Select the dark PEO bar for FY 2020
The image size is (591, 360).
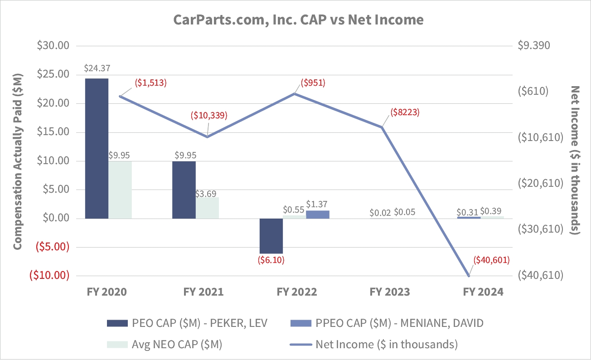pyautogui.click(x=97, y=148)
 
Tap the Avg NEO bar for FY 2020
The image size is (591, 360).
pyautogui.click(x=120, y=190)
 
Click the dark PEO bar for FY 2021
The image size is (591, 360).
pyautogui.click(x=184, y=190)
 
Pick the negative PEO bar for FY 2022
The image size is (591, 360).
pyautogui.click(x=271, y=236)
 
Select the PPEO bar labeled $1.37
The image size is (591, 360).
pyautogui.click(x=318, y=214)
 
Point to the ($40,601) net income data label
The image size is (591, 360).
pyautogui.click(x=492, y=260)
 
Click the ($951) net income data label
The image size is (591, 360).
pyautogui.click(x=313, y=83)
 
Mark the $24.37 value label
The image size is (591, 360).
pyautogui.click(x=97, y=69)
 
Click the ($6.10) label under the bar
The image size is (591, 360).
pyautogui.click(x=271, y=260)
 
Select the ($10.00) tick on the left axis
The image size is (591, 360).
pyautogui.click(x=49, y=275)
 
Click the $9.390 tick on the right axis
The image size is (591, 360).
pyautogui.click(x=533, y=46)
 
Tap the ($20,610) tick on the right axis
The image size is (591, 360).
pyautogui.click(x=539, y=183)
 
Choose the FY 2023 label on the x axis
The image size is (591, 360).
pyautogui.click(x=390, y=292)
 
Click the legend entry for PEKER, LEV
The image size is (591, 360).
pyautogui.click(x=187, y=323)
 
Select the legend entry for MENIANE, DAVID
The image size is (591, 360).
pyautogui.click(x=387, y=323)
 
